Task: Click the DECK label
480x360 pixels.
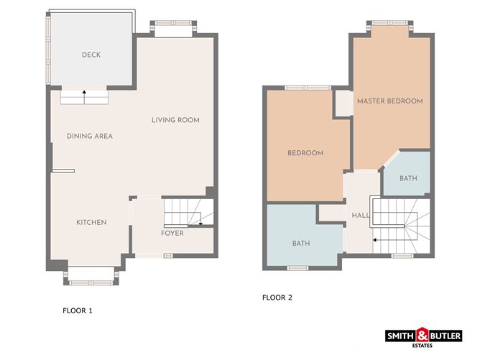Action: click(91, 55)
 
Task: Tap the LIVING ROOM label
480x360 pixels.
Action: click(175, 119)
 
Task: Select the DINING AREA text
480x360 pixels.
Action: click(90, 136)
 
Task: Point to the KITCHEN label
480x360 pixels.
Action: click(91, 222)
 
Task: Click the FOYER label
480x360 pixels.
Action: click(172, 233)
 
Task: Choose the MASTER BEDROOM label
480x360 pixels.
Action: click(390, 101)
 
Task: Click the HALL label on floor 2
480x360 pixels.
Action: click(360, 216)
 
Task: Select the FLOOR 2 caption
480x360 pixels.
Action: click(277, 297)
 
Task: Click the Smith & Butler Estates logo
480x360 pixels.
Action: click(424, 336)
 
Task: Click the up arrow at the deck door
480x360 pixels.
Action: click(83, 92)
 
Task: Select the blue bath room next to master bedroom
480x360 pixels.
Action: click(407, 175)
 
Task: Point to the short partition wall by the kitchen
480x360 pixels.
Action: click(63, 171)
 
